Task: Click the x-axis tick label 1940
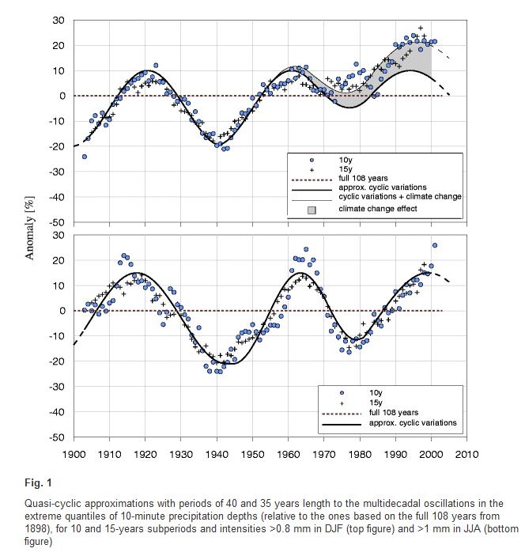point(217,455)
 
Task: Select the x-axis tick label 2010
point(466,455)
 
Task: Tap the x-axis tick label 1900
point(74,455)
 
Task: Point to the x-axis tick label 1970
point(324,455)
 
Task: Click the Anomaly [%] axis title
point(30,228)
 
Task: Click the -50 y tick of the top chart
point(57,222)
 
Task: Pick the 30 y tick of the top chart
point(59,21)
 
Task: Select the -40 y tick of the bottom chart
point(57,412)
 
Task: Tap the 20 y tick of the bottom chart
point(59,260)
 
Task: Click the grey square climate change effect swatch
point(312,210)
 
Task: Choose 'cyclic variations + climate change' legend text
point(400,196)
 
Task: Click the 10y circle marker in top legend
point(312,161)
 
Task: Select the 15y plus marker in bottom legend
point(342,403)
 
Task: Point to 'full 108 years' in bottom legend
point(394,413)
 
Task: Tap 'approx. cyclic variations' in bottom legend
point(413,422)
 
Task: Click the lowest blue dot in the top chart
point(85,157)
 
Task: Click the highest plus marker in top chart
point(421,28)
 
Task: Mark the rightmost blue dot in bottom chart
point(435,245)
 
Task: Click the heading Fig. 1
point(38,482)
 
